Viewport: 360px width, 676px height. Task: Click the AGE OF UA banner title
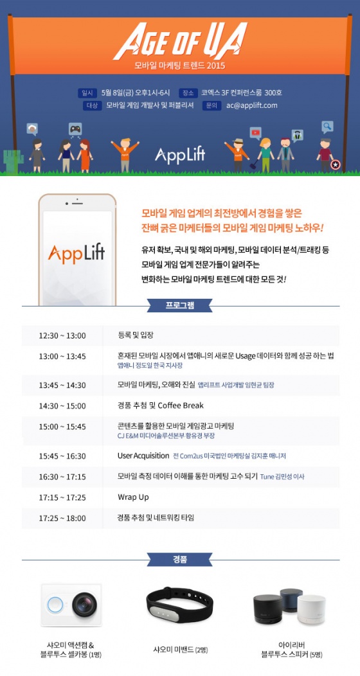pyautogui.click(x=180, y=41)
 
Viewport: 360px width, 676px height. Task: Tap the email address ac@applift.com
pyautogui.click(x=252, y=105)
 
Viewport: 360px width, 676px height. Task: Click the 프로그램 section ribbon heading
pyautogui.click(x=180, y=306)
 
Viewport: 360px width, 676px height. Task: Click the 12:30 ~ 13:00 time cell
pyautogui.click(x=62, y=336)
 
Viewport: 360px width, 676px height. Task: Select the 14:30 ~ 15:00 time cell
pyautogui.click(x=62, y=406)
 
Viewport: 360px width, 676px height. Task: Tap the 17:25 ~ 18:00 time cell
pyautogui.click(x=62, y=518)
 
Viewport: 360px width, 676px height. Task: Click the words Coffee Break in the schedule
pyautogui.click(x=181, y=405)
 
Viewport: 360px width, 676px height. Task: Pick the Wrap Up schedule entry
pyautogui.click(x=133, y=497)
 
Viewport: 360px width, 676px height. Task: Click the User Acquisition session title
pyautogui.click(x=143, y=456)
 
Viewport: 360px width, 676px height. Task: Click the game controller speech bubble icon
pyautogui.click(x=75, y=129)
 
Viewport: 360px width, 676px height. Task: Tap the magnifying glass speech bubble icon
pyautogui.click(x=328, y=127)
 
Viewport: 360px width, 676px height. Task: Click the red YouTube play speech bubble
pyautogui.click(x=255, y=132)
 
